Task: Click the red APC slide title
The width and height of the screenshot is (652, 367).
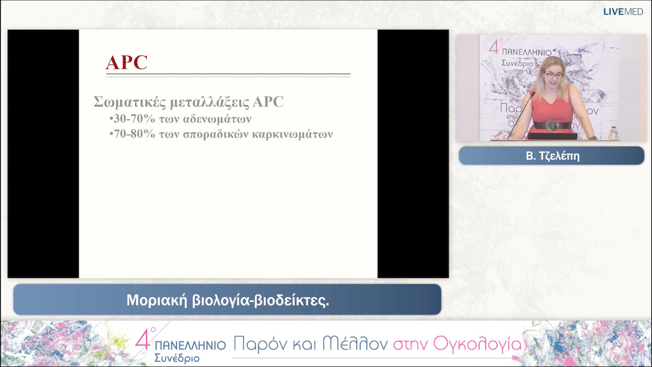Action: [127, 63]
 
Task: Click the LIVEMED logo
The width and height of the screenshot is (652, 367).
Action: [623, 11]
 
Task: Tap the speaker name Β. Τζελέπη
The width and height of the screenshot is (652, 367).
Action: [551, 156]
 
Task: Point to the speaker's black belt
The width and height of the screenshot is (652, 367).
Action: [552, 125]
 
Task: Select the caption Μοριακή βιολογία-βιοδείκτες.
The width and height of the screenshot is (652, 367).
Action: [228, 300]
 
